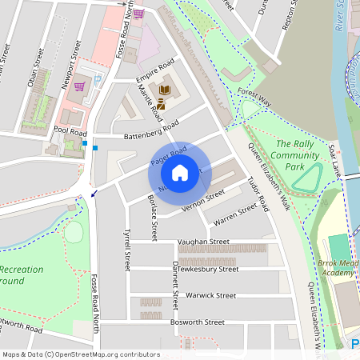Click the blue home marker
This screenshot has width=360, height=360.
pos(180,172)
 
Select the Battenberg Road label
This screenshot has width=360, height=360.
pos(150,131)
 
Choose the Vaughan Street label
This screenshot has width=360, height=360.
pos(203,242)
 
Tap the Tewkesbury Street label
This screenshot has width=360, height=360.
pos(208,270)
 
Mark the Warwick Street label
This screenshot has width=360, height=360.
pos(210,295)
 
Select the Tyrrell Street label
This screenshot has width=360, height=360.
pos(126,250)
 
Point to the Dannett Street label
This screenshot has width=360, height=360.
pos(175,288)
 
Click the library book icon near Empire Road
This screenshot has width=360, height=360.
pos(166,90)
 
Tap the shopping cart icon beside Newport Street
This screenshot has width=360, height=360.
pos(79,86)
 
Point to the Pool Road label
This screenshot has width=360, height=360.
pos(70,130)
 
